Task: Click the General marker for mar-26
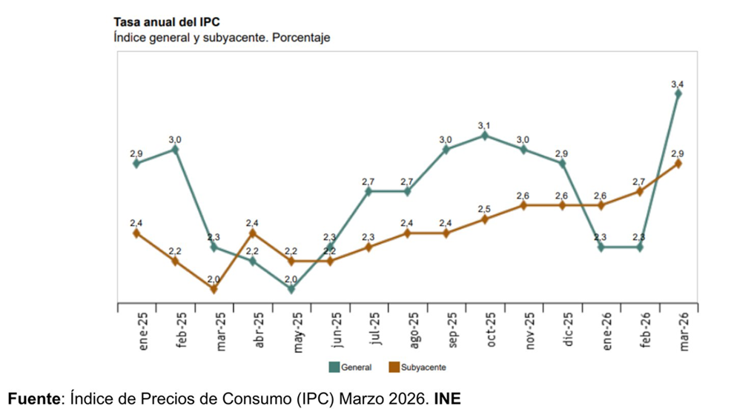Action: point(678,93)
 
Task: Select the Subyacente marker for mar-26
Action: point(678,163)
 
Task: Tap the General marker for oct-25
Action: point(484,136)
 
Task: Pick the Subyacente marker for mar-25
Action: point(214,289)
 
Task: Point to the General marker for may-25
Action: point(291,289)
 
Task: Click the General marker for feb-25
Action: point(175,149)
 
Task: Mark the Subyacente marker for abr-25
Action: point(253,233)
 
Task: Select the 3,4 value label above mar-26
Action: point(677,84)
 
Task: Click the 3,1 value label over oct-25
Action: point(484,125)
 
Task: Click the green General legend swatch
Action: point(334,367)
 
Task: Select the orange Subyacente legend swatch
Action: point(393,367)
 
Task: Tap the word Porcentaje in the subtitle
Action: point(301,37)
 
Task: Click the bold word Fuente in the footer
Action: point(34,399)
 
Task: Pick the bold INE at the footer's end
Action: point(448,399)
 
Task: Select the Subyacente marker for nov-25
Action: point(523,205)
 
